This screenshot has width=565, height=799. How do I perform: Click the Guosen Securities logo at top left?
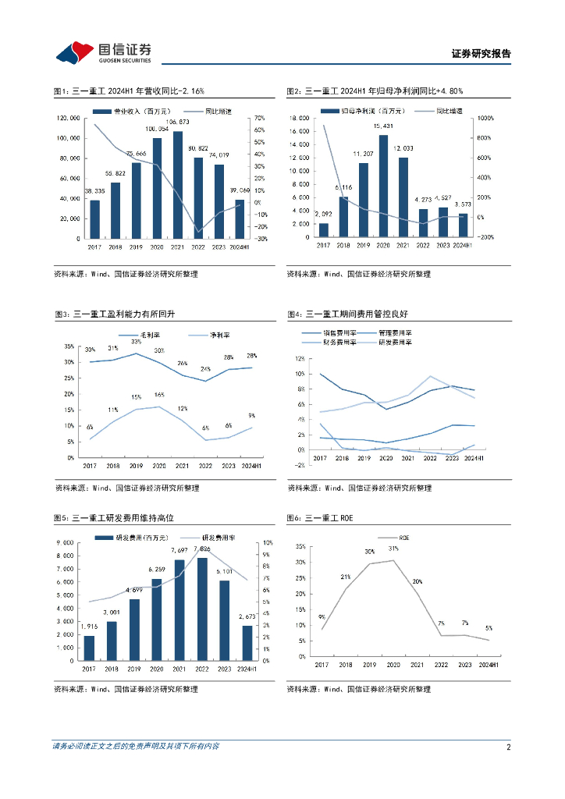point(103,52)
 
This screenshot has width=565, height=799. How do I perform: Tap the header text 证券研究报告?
point(481,54)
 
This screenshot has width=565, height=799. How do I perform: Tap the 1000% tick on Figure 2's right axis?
point(487,118)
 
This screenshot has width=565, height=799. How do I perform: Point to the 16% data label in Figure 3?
point(159,395)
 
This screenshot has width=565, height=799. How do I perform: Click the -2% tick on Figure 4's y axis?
point(298,465)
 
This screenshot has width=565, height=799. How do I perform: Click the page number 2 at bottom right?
point(508,747)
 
